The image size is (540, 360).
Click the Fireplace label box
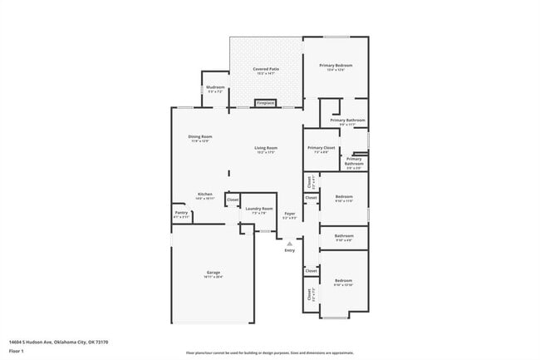[x=265, y=103]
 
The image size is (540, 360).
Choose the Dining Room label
[x=199, y=138]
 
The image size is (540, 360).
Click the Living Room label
[x=266, y=150]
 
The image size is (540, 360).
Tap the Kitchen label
[x=204, y=196]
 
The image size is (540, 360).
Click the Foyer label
[x=289, y=215]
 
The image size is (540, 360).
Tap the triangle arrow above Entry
[x=289, y=243]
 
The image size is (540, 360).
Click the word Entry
[x=289, y=250]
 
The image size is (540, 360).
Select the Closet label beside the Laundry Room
[x=233, y=200]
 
